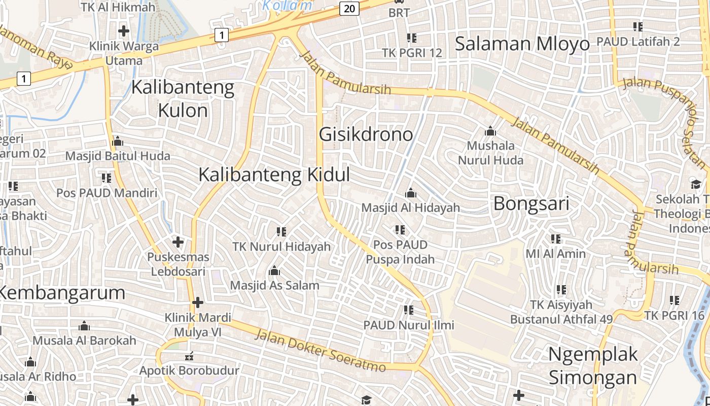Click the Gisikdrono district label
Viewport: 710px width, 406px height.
tap(366, 134)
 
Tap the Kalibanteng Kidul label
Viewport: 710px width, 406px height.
tap(274, 175)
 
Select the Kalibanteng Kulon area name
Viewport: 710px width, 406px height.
tap(183, 99)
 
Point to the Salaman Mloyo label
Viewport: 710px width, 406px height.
tap(522, 44)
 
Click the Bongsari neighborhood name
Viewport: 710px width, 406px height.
tap(531, 204)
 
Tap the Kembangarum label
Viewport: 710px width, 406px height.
tap(62, 293)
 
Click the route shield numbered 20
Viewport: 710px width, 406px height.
tap(349, 8)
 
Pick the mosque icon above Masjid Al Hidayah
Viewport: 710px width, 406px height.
tap(411, 193)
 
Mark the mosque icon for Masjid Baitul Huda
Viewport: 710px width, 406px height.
tap(118, 141)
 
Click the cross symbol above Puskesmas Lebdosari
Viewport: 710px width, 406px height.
tap(178, 242)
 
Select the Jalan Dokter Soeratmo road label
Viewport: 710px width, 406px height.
tap(319, 351)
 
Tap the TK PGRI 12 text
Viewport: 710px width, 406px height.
tap(412, 53)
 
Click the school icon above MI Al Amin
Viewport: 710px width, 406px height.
tap(556, 239)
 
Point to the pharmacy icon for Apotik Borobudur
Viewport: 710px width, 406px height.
tap(191, 356)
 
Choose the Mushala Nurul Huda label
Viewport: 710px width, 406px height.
tap(490, 153)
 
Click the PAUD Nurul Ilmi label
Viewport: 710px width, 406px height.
tap(409, 325)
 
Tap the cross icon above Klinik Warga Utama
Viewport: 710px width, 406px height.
tap(124, 31)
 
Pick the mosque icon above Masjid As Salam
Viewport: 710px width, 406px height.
tap(274, 271)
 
